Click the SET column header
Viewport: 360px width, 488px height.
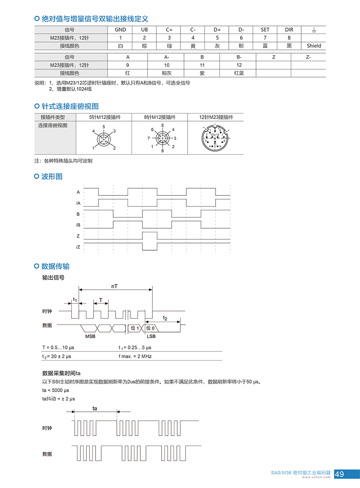(x=265, y=30)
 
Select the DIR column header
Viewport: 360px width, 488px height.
(x=289, y=30)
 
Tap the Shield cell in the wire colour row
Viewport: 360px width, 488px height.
(x=314, y=46)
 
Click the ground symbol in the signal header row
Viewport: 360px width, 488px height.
(x=314, y=30)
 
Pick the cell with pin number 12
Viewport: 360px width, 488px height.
(x=239, y=65)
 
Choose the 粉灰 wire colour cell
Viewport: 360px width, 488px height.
(x=166, y=73)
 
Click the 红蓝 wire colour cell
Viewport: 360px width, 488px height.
(x=239, y=73)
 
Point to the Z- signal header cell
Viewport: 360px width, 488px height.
(x=308, y=57)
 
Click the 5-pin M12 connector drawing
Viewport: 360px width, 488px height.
(x=104, y=138)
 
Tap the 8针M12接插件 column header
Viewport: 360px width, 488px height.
(x=160, y=117)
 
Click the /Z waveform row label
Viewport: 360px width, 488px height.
(x=78, y=247)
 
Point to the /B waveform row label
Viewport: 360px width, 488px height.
(x=78, y=225)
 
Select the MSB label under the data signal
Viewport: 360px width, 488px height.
(x=90, y=336)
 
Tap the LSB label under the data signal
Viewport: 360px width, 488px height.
(x=151, y=336)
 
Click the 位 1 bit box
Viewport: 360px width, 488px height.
(x=135, y=328)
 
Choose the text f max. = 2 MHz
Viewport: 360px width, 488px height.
(x=135, y=356)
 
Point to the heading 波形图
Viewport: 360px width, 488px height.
(x=52, y=176)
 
